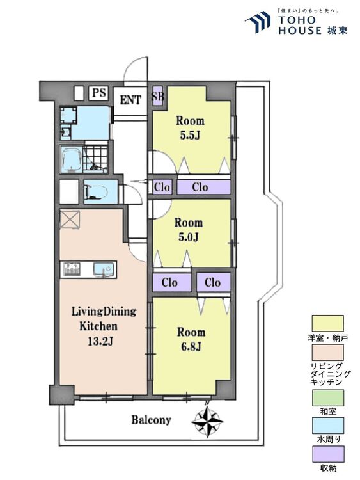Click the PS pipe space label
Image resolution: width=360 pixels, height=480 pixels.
[99, 92]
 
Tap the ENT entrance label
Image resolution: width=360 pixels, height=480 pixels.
[130, 100]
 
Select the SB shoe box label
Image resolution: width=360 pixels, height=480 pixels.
[158, 97]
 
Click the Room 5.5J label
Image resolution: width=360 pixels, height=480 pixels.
[190, 127]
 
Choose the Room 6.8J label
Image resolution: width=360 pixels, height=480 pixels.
[191, 339]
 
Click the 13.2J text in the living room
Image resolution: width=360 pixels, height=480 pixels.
[100, 341]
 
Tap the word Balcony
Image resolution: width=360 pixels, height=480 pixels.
[151, 420]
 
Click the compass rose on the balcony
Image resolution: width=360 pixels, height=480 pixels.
[207, 419]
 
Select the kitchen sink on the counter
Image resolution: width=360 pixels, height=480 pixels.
[105, 269]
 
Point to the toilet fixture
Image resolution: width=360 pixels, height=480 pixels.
[97, 191]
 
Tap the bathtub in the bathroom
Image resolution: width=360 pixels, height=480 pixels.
[72, 159]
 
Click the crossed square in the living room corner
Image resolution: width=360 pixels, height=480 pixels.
[70, 219]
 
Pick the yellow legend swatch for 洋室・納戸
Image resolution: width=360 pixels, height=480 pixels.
[327, 323]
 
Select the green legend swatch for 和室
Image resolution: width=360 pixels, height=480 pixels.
[327, 397]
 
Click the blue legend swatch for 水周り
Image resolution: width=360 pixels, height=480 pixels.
[327, 425]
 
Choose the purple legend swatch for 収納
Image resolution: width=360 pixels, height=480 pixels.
[327, 454]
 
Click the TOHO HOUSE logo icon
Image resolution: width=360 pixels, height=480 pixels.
[258, 21]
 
